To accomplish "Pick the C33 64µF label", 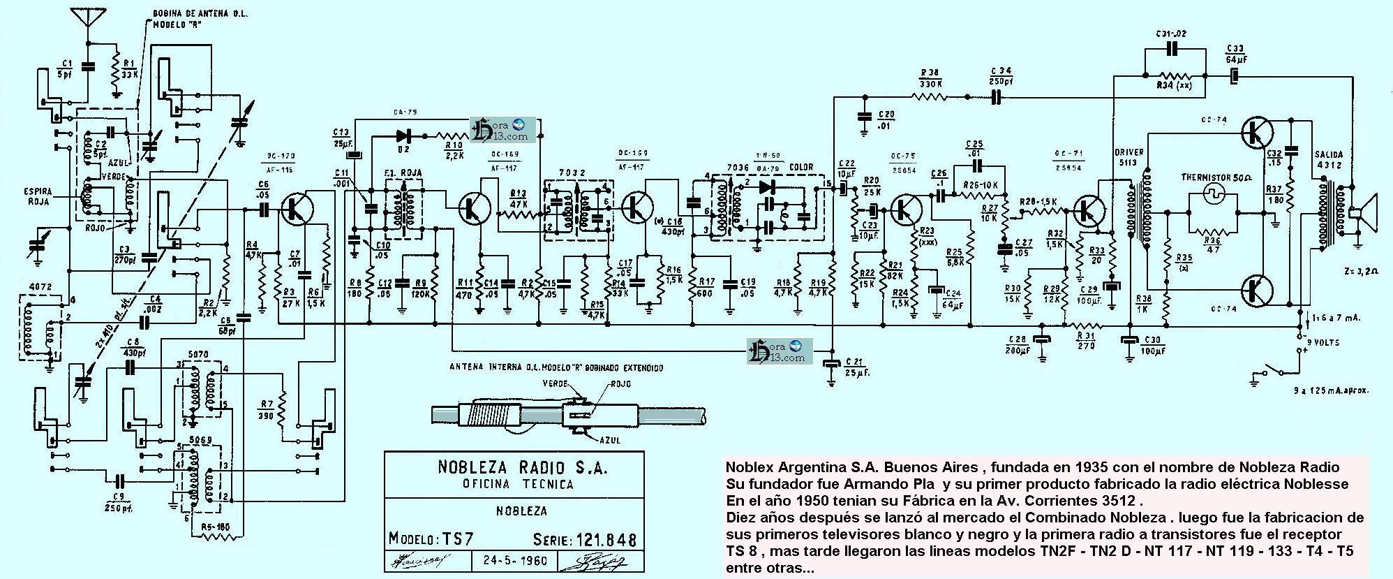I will [x=1235, y=53].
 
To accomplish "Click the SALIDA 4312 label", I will [x=1329, y=159].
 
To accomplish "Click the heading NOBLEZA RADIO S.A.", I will [x=513, y=467].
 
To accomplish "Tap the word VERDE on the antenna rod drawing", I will [x=556, y=383].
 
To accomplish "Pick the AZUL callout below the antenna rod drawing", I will [x=609, y=440].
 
